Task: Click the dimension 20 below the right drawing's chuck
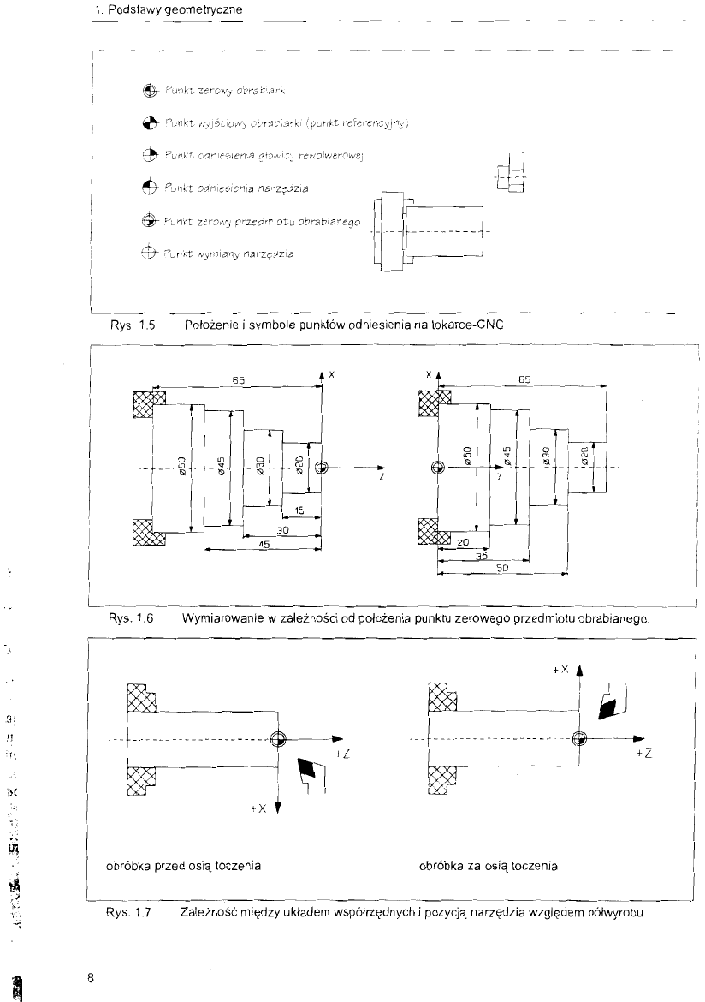(462, 542)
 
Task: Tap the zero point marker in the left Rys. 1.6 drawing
(321, 468)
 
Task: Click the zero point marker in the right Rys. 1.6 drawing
(437, 468)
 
